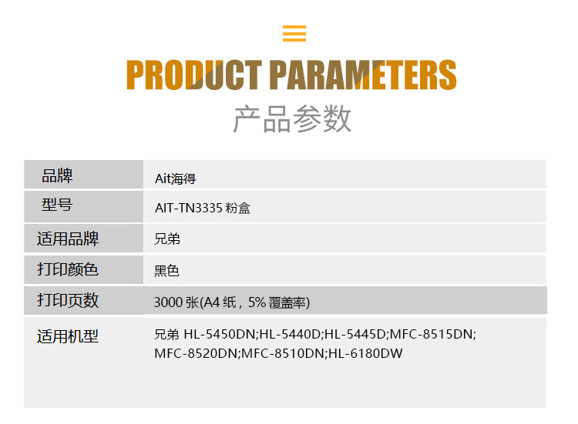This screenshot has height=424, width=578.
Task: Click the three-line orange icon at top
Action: click(294, 33)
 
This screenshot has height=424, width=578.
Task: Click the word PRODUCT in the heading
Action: click(194, 75)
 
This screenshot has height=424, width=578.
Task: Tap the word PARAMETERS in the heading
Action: click(363, 75)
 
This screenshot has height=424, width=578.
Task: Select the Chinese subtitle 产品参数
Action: click(292, 119)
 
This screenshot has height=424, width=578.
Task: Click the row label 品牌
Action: click(57, 175)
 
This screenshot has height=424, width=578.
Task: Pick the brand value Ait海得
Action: click(176, 179)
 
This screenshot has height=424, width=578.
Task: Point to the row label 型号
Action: click(57, 205)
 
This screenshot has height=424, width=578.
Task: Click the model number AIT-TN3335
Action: click(189, 208)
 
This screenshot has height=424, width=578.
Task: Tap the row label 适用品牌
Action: click(68, 239)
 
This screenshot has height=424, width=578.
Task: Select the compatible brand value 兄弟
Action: click(167, 239)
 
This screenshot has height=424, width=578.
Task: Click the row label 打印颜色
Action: click(68, 269)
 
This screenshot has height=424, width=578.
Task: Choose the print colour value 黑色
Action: click(166, 271)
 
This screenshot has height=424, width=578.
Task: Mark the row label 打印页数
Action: click(68, 300)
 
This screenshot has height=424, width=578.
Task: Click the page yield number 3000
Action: click(169, 302)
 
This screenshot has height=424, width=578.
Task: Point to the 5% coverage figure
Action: click(257, 302)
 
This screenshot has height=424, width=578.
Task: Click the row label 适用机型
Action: click(68, 336)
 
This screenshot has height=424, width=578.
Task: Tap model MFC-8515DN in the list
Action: click(431, 334)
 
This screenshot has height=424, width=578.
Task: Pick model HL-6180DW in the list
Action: click(365, 353)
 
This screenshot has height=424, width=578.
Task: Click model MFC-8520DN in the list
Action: click(196, 353)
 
